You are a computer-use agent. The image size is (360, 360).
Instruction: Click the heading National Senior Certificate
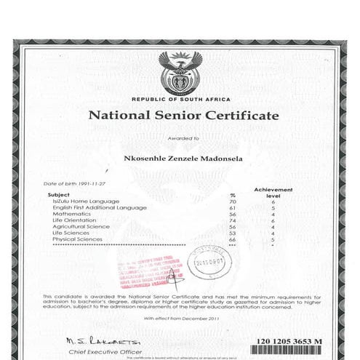tap(183, 116)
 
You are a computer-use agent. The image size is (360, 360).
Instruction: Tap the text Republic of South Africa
tap(181, 99)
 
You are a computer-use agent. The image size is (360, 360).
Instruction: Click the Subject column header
tap(58, 195)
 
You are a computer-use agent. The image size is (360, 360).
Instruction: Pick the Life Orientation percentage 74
tap(233, 220)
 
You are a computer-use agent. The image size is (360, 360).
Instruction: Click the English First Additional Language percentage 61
tap(233, 208)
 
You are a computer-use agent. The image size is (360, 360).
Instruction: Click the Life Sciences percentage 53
tap(233, 233)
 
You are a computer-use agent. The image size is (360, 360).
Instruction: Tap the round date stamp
tap(207, 265)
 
